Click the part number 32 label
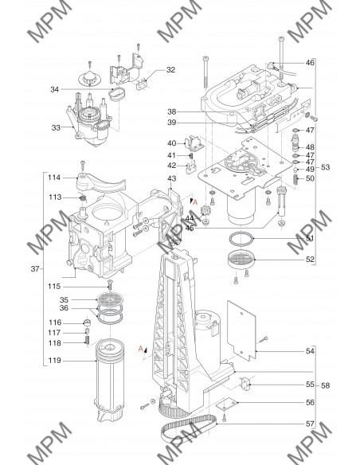(170, 70)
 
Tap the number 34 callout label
(55, 89)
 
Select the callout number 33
(56, 128)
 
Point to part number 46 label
(310, 63)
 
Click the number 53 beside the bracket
(325, 167)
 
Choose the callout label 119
(55, 361)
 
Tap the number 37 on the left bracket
(35, 269)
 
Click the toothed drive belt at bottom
(189, 428)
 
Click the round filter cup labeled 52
(241, 260)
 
